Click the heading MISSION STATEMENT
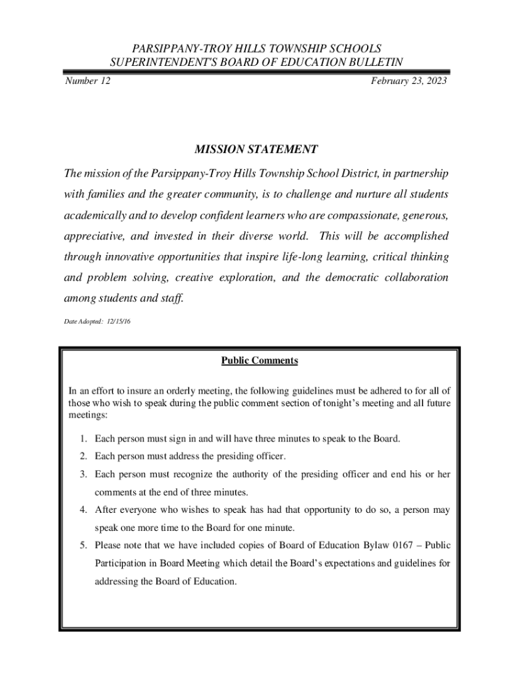[256, 150]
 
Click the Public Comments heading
[259, 361]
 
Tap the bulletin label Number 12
[87, 81]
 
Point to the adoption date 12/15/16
[118, 322]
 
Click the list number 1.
[83, 439]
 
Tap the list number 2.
[83, 456]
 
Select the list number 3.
[83, 474]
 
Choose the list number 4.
[83, 510]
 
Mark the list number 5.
[83, 545]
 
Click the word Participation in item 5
[123, 563]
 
